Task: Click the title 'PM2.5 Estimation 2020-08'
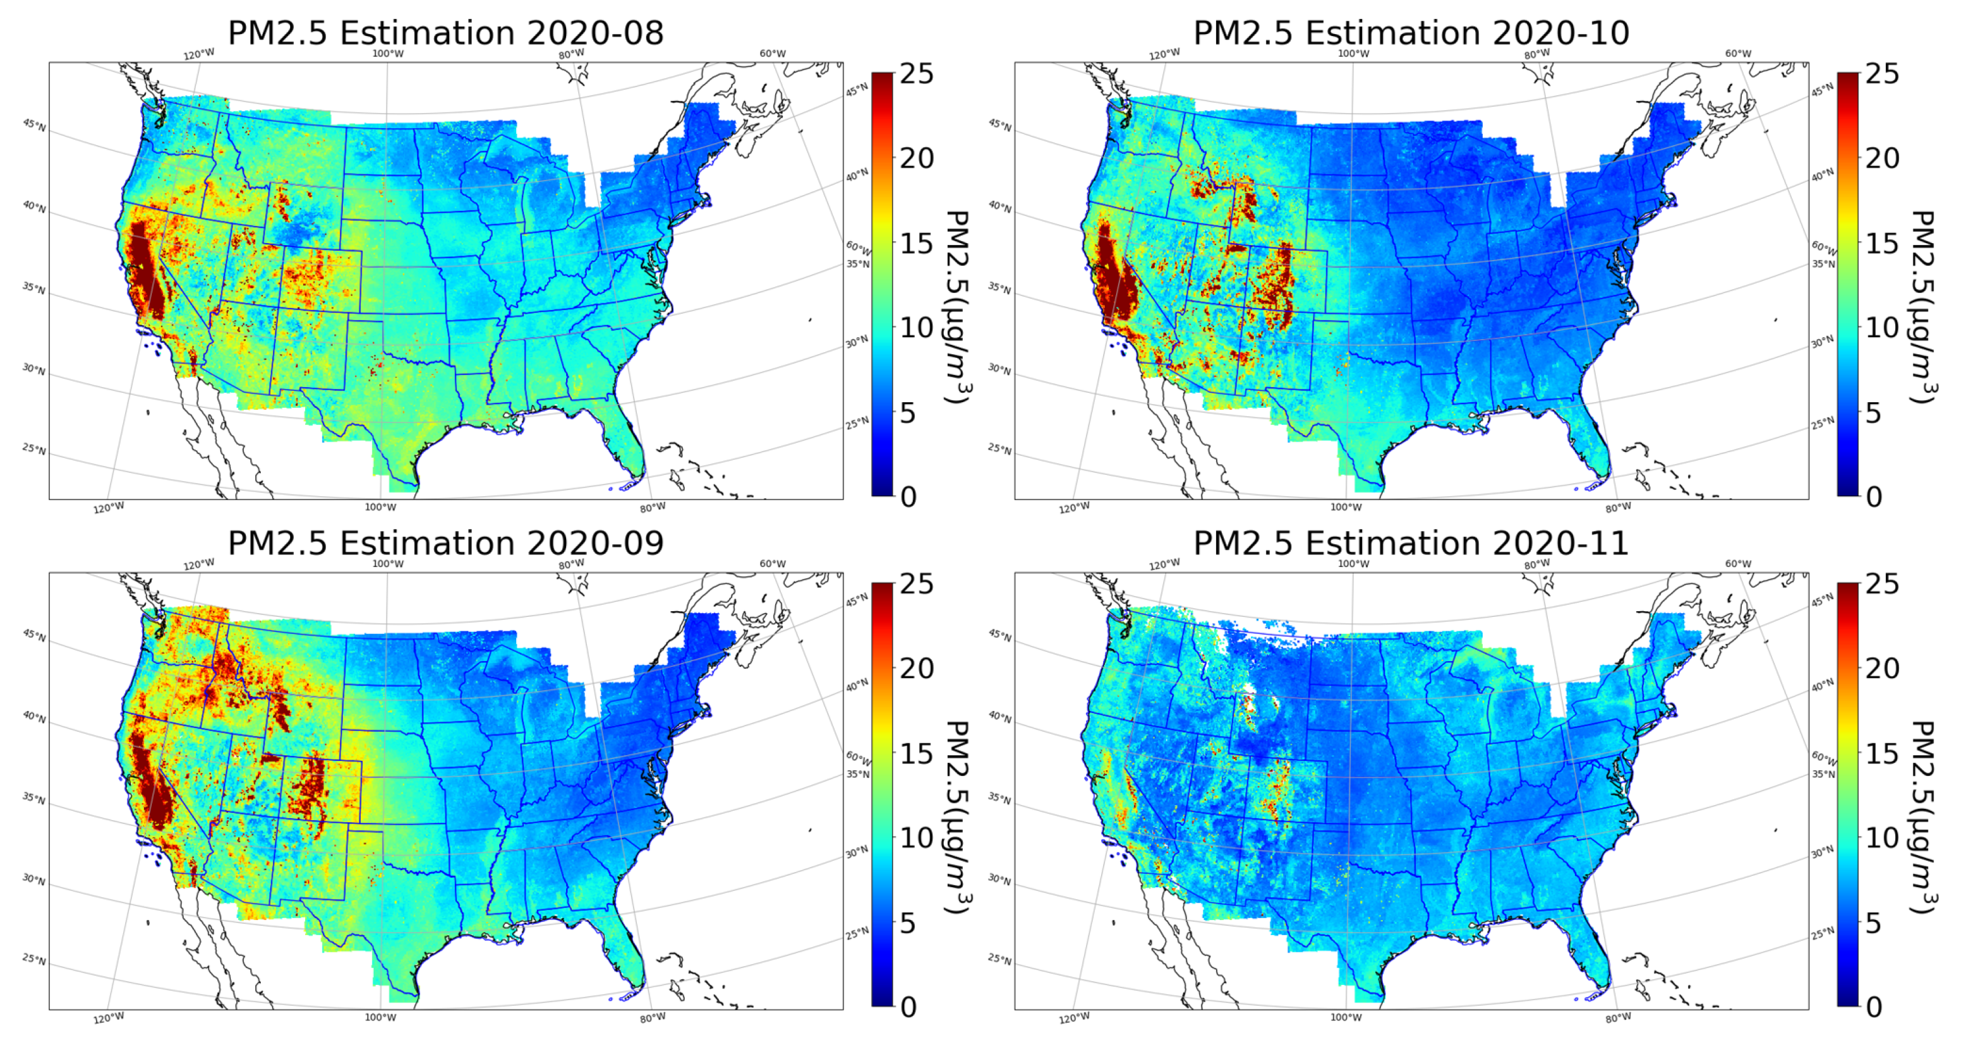click(445, 33)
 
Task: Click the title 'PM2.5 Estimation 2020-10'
click(1411, 33)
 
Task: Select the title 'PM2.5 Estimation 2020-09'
click(445, 544)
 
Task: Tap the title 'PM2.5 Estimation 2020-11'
click(1411, 544)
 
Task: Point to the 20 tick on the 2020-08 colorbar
click(916, 158)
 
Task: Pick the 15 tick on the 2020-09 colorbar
click(916, 753)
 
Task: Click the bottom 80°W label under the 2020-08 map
click(653, 508)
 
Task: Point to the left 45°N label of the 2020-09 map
click(34, 635)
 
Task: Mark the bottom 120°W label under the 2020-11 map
click(1074, 1018)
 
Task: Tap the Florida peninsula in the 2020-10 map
click(1591, 449)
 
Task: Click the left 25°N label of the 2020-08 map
click(34, 448)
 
